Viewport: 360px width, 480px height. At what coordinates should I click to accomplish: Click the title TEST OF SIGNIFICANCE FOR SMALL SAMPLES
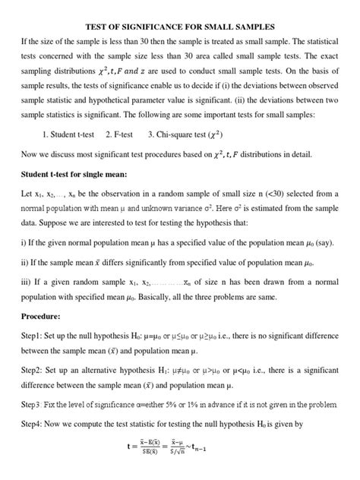click(180, 8)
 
